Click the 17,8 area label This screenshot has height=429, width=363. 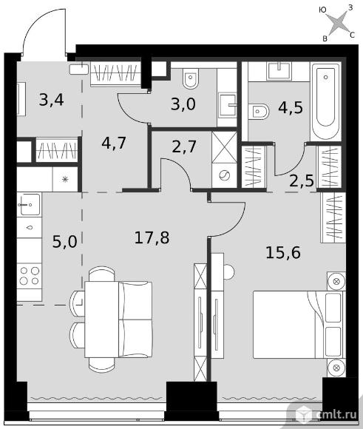[x=152, y=237]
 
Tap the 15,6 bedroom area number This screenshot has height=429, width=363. [x=283, y=252]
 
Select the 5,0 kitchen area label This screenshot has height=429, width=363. [x=64, y=242]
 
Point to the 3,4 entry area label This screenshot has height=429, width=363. [x=52, y=100]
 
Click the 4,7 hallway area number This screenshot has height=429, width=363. [x=114, y=143]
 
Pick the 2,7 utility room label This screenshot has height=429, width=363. [x=184, y=146]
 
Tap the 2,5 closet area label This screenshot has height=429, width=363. [x=302, y=180]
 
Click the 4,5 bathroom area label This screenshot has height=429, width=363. [x=291, y=107]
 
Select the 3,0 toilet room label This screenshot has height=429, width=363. [x=183, y=104]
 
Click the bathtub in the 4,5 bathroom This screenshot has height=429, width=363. [x=325, y=101]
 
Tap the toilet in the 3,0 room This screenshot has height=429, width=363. [x=191, y=78]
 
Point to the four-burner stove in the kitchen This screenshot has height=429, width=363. [x=30, y=276]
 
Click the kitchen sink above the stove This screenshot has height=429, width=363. [x=29, y=204]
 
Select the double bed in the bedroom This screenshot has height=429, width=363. [x=299, y=325]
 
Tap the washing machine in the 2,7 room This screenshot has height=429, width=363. [x=224, y=175]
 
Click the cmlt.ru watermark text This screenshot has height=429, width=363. [x=336, y=414]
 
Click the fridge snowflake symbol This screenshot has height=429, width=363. [x=65, y=180]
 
